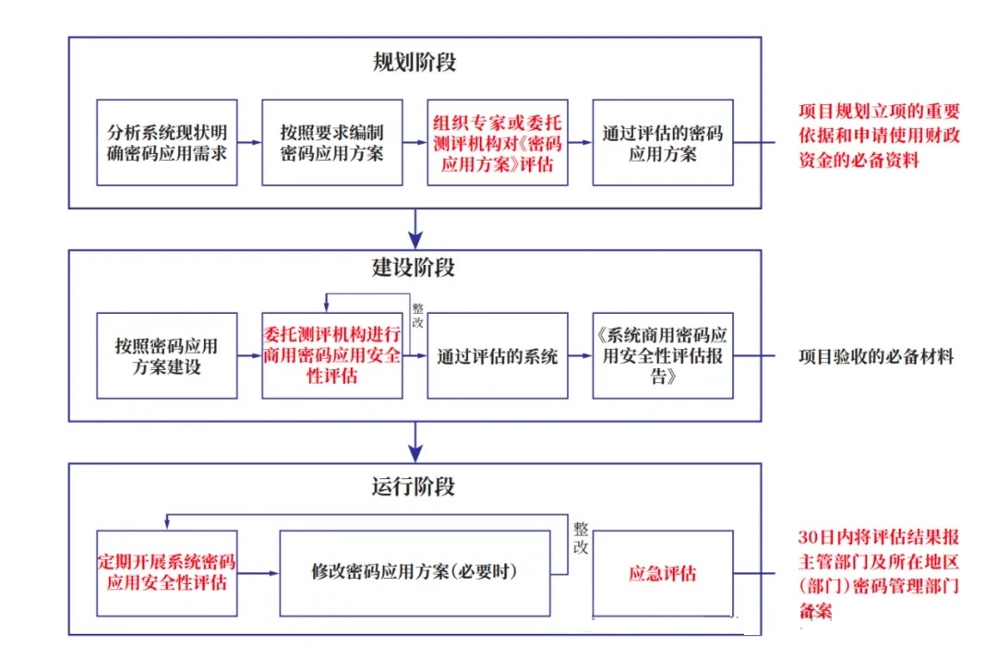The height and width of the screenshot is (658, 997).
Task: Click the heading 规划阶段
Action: (414, 63)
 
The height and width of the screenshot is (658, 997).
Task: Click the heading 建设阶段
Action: (414, 268)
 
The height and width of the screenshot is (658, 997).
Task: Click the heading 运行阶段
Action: (414, 485)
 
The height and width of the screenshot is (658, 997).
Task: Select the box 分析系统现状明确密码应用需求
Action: (166, 142)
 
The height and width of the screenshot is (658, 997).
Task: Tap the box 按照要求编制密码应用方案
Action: (332, 142)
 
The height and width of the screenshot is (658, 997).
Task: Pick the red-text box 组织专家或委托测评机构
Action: (498, 142)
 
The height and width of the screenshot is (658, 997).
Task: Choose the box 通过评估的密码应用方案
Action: (663, 142)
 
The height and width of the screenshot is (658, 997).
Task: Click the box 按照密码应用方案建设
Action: (166, 355)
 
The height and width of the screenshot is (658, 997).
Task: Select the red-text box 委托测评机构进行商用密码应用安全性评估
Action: (332, 355)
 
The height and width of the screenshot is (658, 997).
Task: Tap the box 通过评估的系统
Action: (498, 355)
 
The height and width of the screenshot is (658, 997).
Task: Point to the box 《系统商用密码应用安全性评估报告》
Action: (663, 355)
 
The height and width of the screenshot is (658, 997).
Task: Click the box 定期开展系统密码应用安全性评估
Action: (166, 572)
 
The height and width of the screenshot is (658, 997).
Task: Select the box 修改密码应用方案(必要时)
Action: (414, 572)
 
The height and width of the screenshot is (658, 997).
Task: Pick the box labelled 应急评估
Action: (663, 573)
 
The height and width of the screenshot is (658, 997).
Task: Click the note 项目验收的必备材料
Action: (876, 356)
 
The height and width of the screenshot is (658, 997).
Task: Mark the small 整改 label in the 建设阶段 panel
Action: (417, 318)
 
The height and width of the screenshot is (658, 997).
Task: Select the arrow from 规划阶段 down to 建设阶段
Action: (415, 227)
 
